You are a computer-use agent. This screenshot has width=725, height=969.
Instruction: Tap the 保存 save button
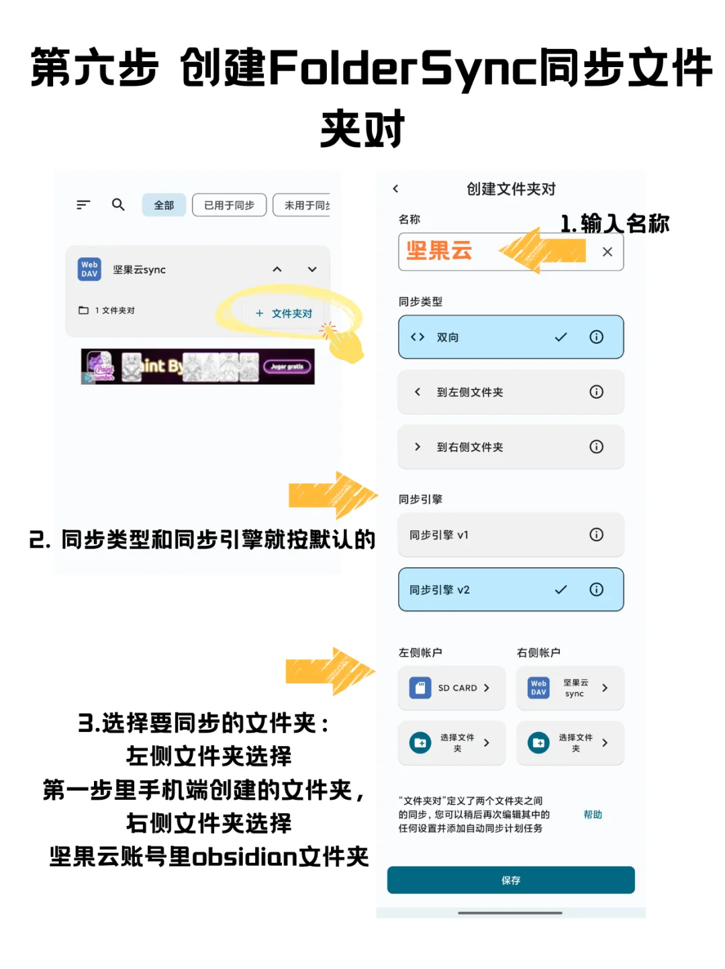(511, 880)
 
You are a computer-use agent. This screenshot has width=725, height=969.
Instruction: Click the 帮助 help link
(593, 815)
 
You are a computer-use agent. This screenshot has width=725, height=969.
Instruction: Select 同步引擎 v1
(497, 535)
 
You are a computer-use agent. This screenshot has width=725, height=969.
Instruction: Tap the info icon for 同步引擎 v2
(596, 590)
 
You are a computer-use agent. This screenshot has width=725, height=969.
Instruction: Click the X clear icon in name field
(608, 252)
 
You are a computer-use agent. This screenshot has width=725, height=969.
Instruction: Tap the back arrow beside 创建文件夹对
(396, 189)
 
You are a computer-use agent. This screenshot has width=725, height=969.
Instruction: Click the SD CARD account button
(451, 688)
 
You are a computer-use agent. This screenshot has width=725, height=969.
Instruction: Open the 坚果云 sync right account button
(570, 688)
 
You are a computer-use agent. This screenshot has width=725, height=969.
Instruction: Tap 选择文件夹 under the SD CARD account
(451, 743)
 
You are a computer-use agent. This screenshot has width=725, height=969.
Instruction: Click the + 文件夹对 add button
(285, 314)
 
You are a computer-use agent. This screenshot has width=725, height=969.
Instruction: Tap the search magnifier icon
(118, 205)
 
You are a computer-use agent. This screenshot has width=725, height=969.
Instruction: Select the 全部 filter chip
(164, 205)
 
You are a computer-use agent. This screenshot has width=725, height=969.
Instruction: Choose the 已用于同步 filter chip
(229, 205)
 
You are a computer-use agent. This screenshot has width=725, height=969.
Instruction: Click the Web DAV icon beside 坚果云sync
(90, 269)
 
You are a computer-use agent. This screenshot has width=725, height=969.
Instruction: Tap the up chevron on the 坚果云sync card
(277, 269)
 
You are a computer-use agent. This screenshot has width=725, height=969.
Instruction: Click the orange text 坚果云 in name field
(439, 251)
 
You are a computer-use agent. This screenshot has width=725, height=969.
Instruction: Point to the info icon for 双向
(596, 337)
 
